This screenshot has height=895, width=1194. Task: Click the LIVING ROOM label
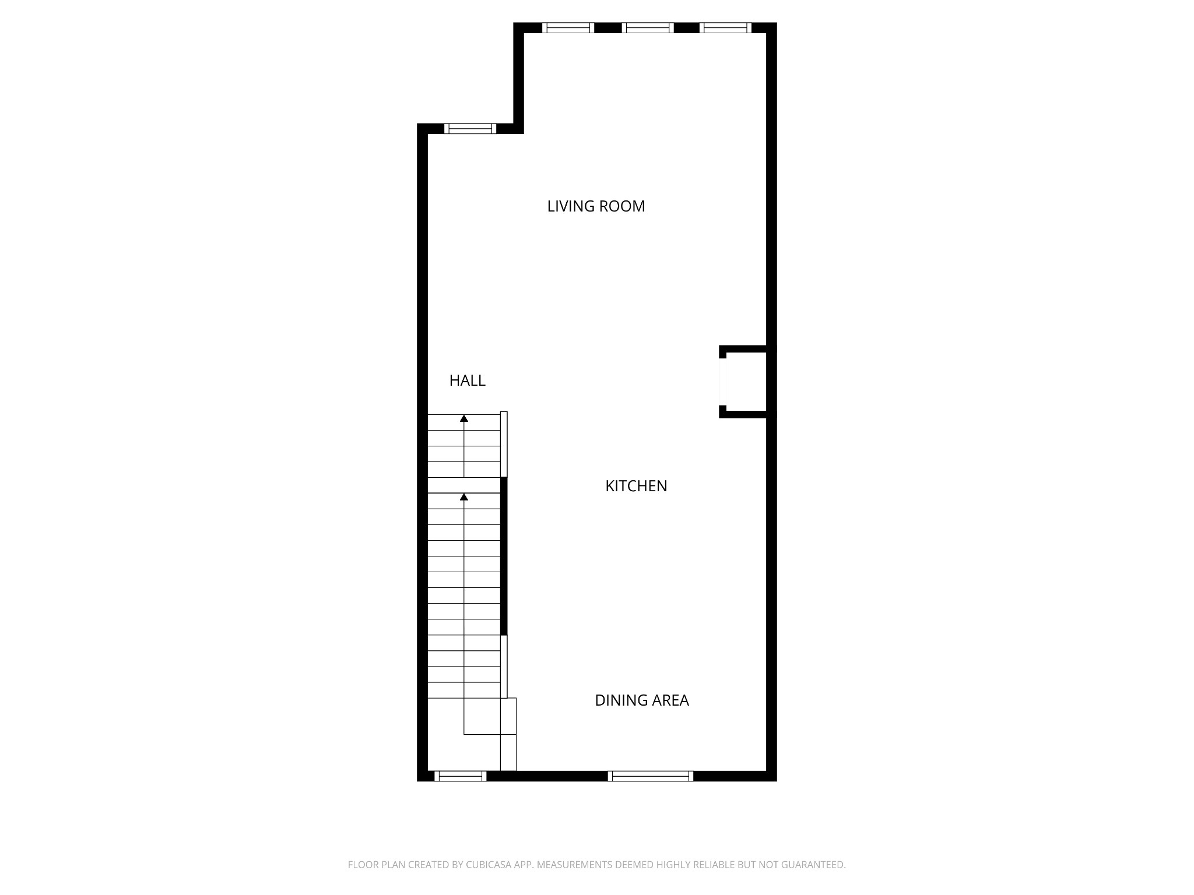(x=596, y=206)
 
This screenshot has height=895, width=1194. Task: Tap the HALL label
(x=467, y=380)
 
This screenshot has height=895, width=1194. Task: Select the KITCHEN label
(x=636, y=486)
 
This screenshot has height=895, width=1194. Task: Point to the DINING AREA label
(x=641, y=700)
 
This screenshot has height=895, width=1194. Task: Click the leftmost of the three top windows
(x=568, y=27)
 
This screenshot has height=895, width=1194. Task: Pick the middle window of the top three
(x=648, y=27)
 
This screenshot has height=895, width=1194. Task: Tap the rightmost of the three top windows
(x=725, y=27)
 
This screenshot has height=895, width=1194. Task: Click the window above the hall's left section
(x=470, y=129)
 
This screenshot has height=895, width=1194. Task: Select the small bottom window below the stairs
(x=460, y=776)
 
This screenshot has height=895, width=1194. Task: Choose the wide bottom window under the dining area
(x=650, y=776)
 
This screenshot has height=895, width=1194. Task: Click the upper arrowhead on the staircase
(x=464, y=418)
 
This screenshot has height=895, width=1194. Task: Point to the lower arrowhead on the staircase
(x=464, y=497)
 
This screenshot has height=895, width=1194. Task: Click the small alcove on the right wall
(x=743, y=382)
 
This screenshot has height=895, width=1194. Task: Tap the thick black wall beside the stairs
(x=504, y=556)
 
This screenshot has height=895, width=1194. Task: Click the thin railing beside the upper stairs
(x=504, y=444)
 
